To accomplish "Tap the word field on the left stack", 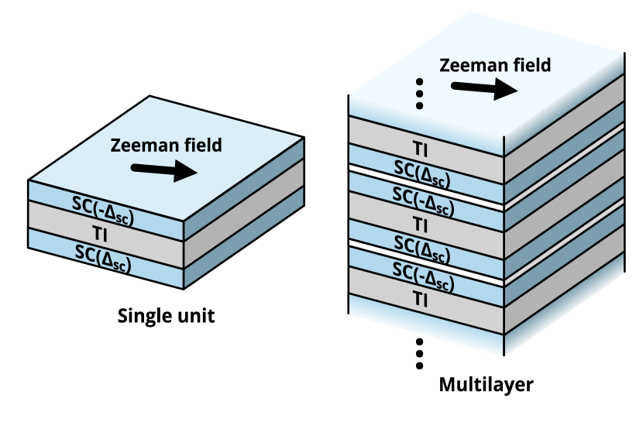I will pos(201,146).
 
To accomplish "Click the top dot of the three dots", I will pos(420,81).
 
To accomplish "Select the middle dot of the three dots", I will pos(420,93).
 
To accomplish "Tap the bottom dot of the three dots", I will pos(420,105).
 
